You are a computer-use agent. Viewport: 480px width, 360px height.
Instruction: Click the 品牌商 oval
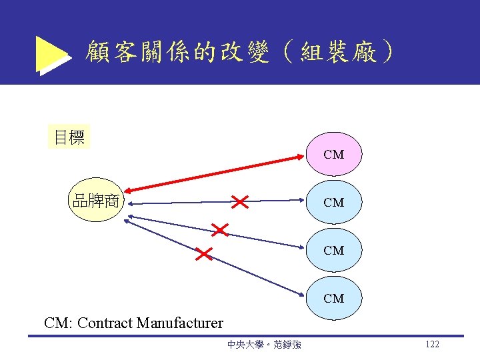coord(96,200)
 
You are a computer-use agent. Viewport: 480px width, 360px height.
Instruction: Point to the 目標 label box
coord(69,138)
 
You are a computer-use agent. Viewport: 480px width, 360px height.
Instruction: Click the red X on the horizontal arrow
coord(239,200)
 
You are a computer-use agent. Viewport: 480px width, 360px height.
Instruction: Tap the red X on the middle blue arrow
coord(219,230)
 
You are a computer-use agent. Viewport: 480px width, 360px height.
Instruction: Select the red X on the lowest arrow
coord(203,253)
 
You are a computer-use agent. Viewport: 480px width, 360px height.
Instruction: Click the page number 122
coord(432,344)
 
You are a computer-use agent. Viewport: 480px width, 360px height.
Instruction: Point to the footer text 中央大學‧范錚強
coord(263,345)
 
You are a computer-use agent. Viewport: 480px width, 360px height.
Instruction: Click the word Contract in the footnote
coord(105,323)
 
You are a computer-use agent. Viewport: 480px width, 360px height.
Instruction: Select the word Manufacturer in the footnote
coord(179,323)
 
